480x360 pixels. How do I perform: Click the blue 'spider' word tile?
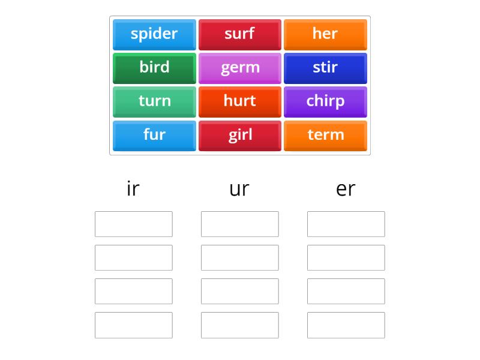click(x=154, y=34)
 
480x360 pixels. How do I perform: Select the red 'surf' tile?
click(x=239, y=34)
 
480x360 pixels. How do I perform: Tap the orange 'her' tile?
click(x=325, y=34)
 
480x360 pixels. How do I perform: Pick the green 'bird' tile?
click(x=154, y=68)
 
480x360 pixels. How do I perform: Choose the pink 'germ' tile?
click(x=239, y=68)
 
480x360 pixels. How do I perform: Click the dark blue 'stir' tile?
click(x=325, y=68)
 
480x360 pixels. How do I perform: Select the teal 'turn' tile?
click(x=154, y=101)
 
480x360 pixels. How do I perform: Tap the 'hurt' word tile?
click(x=239, y=101)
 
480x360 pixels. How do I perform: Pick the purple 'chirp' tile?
click(x=325, y=101)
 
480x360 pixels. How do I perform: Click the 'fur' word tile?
click(x=154, y=135)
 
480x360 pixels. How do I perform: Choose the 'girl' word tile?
click(x=239, y=135)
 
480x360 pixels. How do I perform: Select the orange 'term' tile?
click(x=325, y=135)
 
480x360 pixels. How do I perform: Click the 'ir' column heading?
click(x=133, y=188)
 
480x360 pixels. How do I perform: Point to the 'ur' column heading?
click(x=239, y=188)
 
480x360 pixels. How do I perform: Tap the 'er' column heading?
click(x=346, y=188)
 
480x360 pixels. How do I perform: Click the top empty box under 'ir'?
click(x=133, y=224)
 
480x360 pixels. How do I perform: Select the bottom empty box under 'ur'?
click(x=239, y=325)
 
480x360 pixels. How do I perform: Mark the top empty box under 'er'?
click(x=346, y=224)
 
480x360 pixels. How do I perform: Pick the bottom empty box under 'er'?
click(x=346, y=325)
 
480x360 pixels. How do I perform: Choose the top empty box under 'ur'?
click(x=239, y=224)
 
